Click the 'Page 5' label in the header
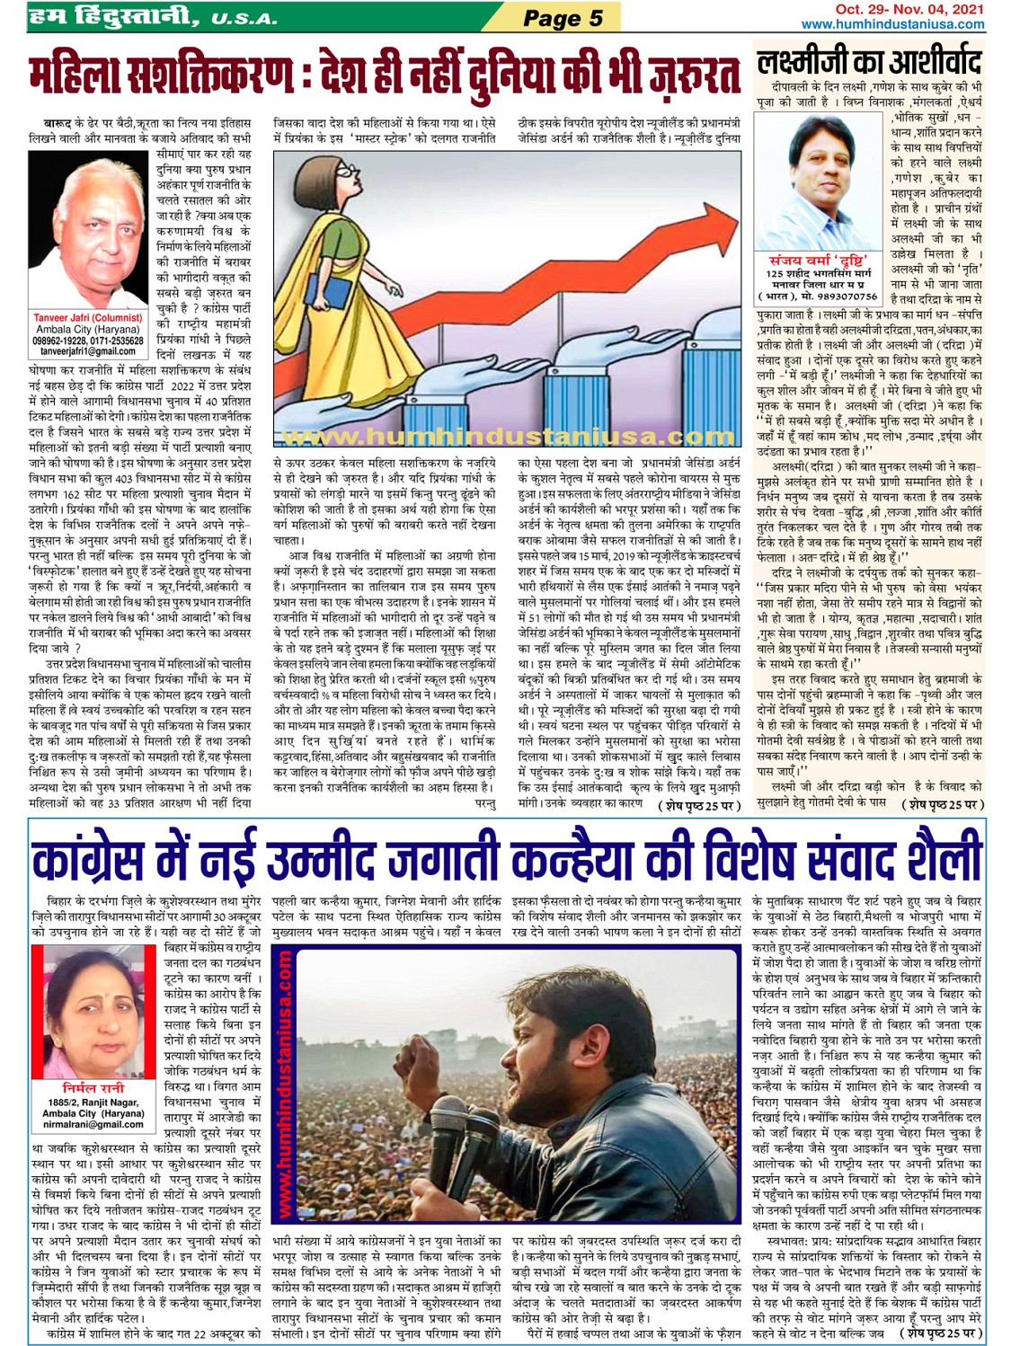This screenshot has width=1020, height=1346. tap(563, 18)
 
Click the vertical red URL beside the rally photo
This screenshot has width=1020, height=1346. tap(284, 1078)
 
